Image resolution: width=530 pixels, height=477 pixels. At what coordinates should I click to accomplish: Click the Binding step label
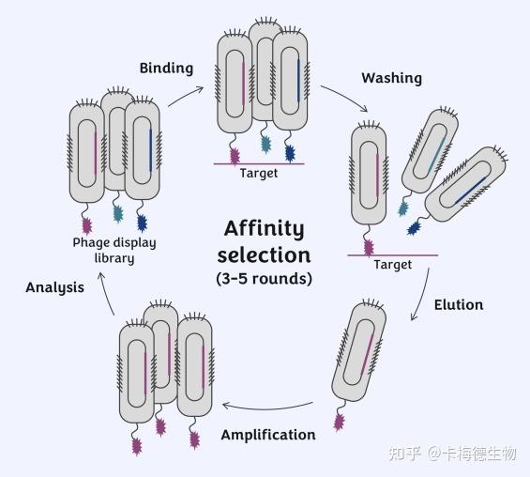[166, 69]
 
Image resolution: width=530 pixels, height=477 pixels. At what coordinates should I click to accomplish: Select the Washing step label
[392, 78]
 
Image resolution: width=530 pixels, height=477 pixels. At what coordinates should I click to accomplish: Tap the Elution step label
[459, 305]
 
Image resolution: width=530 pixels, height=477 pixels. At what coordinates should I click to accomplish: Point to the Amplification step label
[268, 435]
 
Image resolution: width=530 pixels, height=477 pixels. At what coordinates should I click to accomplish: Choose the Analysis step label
[54, 288]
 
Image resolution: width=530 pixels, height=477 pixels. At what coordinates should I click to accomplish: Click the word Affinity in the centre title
[264, 229]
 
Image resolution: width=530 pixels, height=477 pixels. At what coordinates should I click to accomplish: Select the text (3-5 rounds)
[264, 279]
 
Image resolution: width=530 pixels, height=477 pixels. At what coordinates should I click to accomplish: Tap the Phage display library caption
[114, 251]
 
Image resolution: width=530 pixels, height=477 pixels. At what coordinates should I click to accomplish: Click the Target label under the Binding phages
[259, 173]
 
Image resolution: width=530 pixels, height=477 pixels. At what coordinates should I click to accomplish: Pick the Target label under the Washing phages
[392, 265]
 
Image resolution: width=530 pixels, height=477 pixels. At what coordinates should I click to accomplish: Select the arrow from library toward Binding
[186, 96]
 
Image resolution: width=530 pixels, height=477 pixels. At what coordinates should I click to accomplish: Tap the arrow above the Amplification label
[267, 408]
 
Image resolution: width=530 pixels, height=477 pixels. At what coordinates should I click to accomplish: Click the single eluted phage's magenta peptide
[339, 422]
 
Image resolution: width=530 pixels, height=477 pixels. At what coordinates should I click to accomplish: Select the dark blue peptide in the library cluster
[143, 223]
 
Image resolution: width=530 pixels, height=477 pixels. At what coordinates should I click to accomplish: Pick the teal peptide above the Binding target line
[266, 145]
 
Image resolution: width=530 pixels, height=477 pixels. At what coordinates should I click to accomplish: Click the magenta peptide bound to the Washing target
[369, 247]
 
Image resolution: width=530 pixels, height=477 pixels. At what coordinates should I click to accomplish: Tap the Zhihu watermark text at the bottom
[452, 454]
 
